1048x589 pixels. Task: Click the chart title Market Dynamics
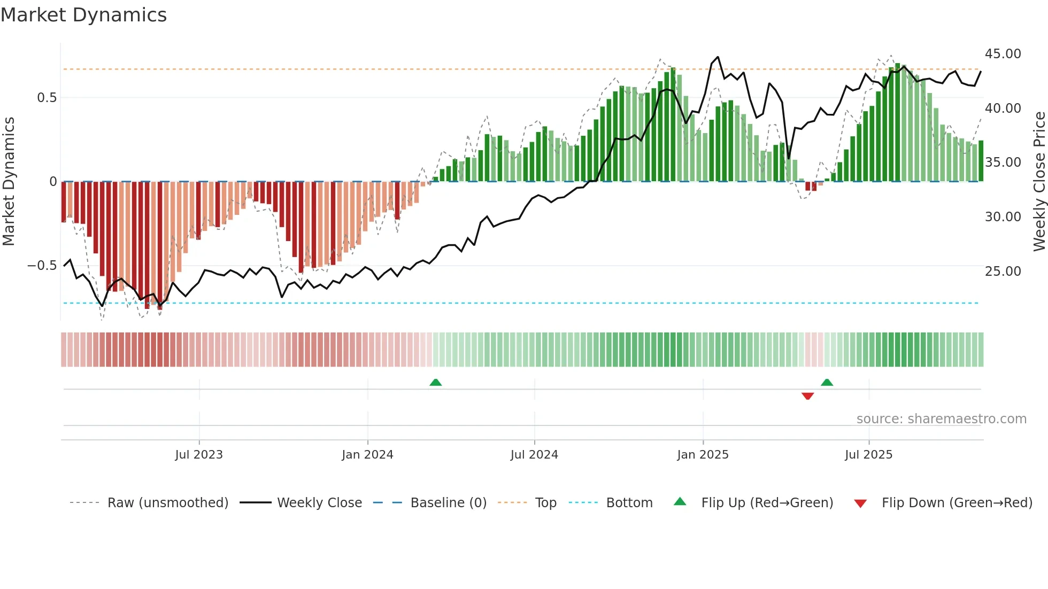tap(83, 15)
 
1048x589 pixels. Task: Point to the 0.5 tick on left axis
tap(47, 98)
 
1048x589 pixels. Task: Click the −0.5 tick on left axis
tap(42, 266)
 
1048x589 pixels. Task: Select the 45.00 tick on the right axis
tap(1003, 54)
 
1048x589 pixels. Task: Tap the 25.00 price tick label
tap(1003, 272)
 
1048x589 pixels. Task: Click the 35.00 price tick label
tap(1003, 162)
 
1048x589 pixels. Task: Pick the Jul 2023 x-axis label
tap(199, 455)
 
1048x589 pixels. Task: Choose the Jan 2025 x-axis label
tap(703, 455)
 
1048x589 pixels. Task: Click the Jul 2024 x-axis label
tap(534, 455)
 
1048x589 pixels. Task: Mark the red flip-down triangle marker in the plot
tap(807, 396)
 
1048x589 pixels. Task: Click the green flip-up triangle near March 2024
tap(436, 382)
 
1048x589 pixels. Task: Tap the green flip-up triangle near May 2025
tap(827, 382)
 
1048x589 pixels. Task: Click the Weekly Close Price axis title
tap(1039, 182)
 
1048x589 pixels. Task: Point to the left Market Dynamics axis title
tap(9, 182)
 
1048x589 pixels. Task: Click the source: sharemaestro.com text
tap(941, 419)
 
